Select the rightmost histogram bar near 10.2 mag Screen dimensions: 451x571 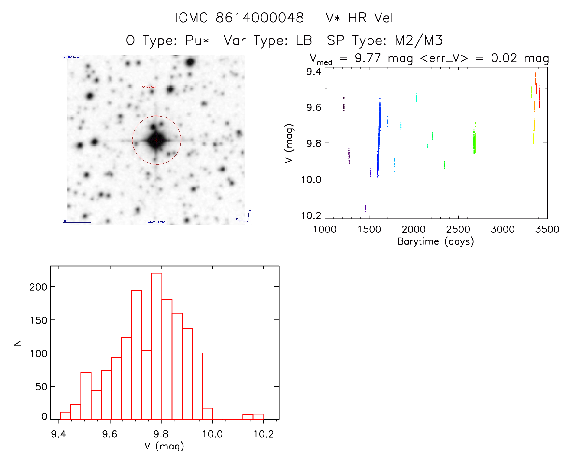tap(258, 417)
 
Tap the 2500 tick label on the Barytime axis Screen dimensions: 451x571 tap(458, 229)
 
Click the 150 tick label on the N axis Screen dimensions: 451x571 tap(38, 320)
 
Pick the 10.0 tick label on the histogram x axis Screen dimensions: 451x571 tap(212, 434)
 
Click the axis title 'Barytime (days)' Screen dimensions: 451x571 tap(436, 241)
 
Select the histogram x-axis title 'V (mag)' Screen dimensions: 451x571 tap(164, 446)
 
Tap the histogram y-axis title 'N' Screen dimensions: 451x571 tap(18, 343)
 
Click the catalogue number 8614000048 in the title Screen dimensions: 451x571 tap(260, 18)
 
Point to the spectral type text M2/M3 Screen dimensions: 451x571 tap(419, 40)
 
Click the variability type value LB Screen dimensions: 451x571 tap(304, 40)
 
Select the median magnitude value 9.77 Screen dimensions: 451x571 tap(368, 58)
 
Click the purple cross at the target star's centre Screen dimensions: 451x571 tap(157, 140)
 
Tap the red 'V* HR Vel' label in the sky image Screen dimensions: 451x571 tap(149, 87)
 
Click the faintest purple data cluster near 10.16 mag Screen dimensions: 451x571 tap(365, 208)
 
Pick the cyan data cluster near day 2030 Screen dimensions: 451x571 tap(416, 98)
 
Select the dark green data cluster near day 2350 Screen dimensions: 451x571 tap(444, 165)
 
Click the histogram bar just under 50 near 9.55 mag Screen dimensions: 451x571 tap(96, 405)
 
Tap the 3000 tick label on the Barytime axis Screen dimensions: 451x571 tap(502, 229)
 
